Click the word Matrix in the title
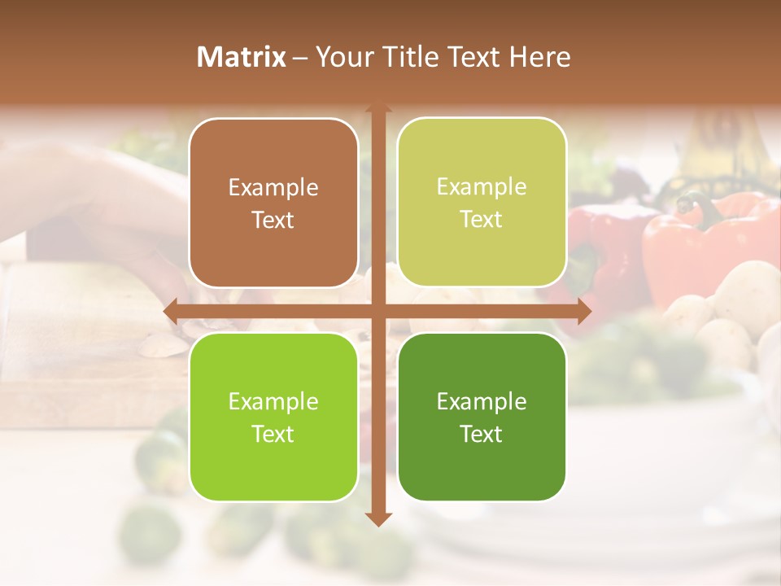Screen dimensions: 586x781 coord(242,57)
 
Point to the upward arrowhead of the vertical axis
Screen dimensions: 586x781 coord(377,108)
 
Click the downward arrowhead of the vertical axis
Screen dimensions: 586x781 coord(377,519)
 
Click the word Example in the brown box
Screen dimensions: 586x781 coord(273,188)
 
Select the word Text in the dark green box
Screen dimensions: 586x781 coord(482,434)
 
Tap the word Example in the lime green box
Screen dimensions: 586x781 coord(273,401)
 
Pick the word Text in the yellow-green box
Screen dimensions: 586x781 coord(482,220)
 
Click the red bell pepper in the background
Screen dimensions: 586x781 coord(700,244)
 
